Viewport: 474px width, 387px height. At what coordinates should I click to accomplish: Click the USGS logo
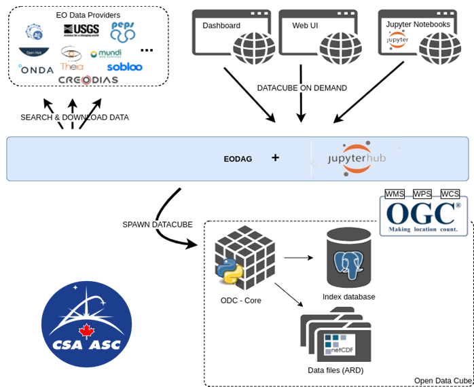pyautogui.click(x=81, y=30)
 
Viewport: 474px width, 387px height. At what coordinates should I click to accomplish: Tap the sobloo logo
pyautogui.click(x=124, y=67)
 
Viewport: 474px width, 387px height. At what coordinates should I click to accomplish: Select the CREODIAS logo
pyautogui.click(x=88, y=80)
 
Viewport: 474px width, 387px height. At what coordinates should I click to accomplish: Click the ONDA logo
pyautogui.click(x=36, y=69)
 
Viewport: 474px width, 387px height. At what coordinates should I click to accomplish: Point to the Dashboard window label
pyautogui.click(x=221, y=26)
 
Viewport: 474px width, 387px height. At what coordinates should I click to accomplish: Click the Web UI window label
pyautogui.click(x=305, y=26)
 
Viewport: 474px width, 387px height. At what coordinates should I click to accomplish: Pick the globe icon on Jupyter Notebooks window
pyautogui.click(x=439, y=48)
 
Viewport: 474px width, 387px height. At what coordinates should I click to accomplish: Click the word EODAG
pyautogui.click(x=238, y=159)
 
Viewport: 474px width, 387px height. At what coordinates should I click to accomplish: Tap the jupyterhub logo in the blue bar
pyautogui.click(x=357, y=158)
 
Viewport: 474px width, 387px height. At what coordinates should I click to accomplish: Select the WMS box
pyautogui.click(x=395, y=194)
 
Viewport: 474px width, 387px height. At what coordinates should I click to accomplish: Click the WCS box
pyautogui.click(x=450, y=194)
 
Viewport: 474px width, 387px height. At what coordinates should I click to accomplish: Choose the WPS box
pyautogui.click(x=422, y=194)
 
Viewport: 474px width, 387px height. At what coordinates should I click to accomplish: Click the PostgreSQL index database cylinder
pyautogui.click(x=349, y=259)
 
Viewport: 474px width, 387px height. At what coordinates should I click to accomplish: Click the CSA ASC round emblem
pyautogui.click(x=86, y=325)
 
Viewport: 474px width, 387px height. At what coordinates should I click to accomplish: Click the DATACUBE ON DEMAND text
pyautogui.click(x=302, y=88)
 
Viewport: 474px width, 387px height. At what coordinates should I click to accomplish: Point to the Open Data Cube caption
pyautogui.click(x=442, y=381)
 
